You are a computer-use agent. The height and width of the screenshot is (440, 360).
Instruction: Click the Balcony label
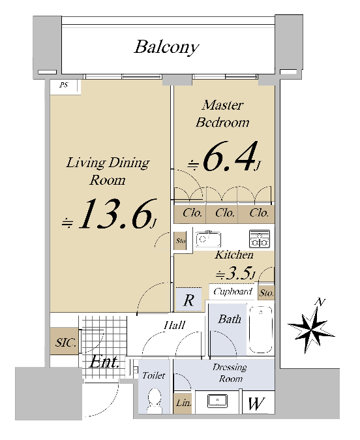click(166, 47)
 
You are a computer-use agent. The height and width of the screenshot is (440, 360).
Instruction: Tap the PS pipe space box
click(65, 86)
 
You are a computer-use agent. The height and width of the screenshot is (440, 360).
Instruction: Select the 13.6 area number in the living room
click(118, 213)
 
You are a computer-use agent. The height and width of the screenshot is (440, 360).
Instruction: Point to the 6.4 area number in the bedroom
click(230, 156)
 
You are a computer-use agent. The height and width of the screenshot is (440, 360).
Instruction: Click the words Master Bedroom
click(222, 114)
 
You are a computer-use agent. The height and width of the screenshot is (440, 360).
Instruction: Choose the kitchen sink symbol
click(208, 240)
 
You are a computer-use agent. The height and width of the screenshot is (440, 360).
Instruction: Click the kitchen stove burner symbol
click(260, 239)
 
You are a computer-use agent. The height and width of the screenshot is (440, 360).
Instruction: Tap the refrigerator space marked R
click(188, 300)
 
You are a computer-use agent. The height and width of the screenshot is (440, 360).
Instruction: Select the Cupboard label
click(232, 292)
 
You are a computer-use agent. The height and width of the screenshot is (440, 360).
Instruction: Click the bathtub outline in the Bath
click(261, 329)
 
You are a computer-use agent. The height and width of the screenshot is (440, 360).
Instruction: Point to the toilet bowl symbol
click(154, 400)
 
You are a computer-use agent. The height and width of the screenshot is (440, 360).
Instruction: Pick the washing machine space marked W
click(256, 403)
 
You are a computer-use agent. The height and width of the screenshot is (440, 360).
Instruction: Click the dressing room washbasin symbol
click(218, 401)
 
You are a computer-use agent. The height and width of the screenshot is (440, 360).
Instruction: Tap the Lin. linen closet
click(183, 403)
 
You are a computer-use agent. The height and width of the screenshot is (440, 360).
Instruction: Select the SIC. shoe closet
click(65, 341)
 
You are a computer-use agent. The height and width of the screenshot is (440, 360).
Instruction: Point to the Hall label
click(174, 325)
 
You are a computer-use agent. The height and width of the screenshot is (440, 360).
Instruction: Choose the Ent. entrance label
click(104, 362)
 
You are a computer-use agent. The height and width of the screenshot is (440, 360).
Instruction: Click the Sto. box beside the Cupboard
click(266, 292)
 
